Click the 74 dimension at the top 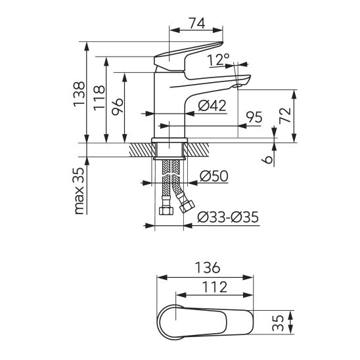(197, 23)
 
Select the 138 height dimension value (79, 93)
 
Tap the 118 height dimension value (99, 98)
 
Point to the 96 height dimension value (118, 106)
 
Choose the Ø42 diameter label (212, 106)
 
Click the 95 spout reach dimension (254, 117)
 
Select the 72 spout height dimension (285, 116)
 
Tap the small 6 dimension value (267, 160)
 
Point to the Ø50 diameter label (214, 176)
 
